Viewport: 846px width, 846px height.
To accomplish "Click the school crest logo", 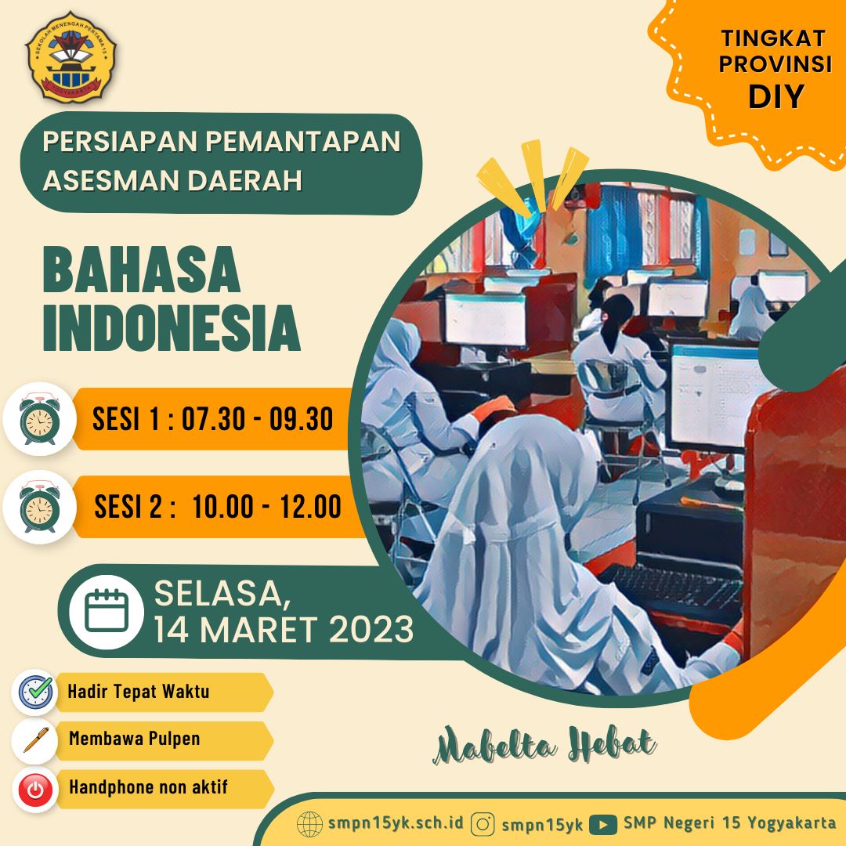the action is [x=70, y=57].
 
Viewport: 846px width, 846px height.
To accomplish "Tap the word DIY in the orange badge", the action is [x=775, y=96].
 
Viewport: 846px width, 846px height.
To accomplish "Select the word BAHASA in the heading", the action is [x=141, y=269].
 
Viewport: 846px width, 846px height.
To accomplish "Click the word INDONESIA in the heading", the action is [x=172, y=328].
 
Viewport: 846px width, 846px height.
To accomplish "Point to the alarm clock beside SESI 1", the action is [x=39, y=419].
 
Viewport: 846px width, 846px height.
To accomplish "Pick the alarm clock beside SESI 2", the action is [x=39, y=507].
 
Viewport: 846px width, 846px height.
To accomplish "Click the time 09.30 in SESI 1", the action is [x=301, y=418].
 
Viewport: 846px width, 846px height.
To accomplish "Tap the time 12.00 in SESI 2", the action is [x=310, y=507].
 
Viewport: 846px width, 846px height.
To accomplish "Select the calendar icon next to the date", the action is [x=107, y=611].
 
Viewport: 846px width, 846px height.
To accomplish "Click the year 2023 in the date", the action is [x=371, y=629].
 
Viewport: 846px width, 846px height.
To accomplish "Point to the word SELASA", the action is [x=219, y=594].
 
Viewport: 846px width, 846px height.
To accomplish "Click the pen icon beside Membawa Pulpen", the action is [x=35, y=739].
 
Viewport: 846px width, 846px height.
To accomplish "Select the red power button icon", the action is [x=35, y=790].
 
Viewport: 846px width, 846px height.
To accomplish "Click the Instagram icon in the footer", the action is [x=483, y=824].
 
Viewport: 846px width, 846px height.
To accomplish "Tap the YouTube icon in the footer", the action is [x=602, y=824].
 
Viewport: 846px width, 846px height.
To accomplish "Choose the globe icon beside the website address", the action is [x=309, y=824].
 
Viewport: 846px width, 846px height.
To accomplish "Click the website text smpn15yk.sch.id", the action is [x=396, y=822].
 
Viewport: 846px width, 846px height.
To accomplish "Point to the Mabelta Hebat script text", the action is [x=545, y=745].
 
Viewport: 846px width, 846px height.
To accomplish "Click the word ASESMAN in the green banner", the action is [x=112, y=180].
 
